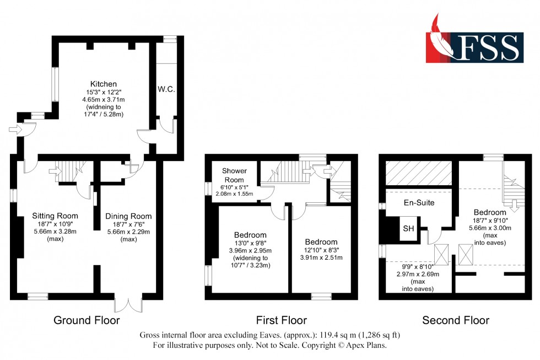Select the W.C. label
click(166, 89)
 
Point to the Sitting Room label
click(55, 216)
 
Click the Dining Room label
click(128, 216)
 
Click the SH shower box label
click(408, 229)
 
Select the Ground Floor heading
click(87, 320)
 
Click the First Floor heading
click(281, 320)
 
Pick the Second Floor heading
click(455, 320)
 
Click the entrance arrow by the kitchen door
click(14, 130)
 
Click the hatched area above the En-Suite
click(418, 173)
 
